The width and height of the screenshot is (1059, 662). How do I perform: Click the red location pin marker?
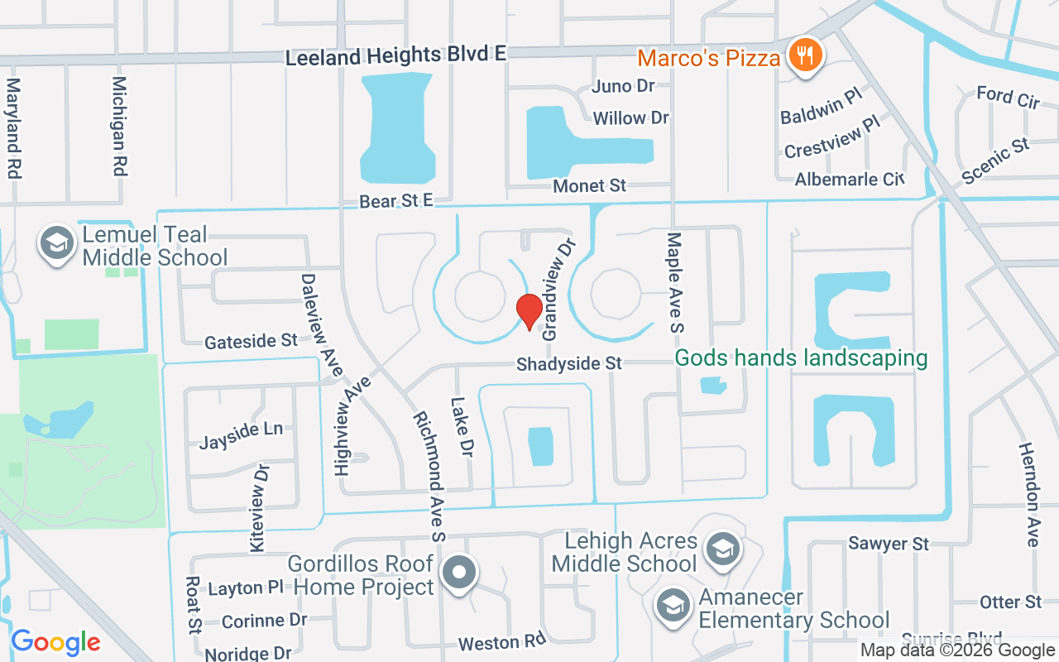529,311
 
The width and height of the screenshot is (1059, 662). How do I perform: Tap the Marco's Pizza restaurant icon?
803,55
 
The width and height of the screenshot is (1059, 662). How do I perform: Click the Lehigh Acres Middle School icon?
723,549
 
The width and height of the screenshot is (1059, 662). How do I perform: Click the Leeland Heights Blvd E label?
395,56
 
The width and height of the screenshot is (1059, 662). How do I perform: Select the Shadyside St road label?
568,364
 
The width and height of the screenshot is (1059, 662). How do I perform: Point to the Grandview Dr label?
557,290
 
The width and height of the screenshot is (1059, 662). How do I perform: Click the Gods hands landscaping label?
801,358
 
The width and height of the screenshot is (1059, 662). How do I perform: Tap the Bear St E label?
396,201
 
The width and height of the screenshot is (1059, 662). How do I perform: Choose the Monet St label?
590,186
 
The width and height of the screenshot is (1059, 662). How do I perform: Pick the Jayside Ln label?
241,435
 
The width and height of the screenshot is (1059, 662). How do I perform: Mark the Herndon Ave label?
1029,493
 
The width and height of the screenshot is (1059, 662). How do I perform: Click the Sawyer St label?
889,544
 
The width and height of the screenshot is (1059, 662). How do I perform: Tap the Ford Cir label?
1008,97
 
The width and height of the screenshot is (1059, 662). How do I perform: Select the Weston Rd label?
502,643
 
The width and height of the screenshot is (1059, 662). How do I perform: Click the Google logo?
55,641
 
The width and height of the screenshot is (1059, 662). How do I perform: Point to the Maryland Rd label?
13,128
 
